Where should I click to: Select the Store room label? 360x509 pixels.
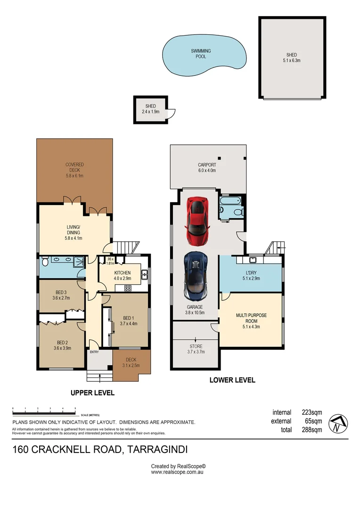(196, 349)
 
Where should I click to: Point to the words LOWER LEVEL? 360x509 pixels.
(232, 380)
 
